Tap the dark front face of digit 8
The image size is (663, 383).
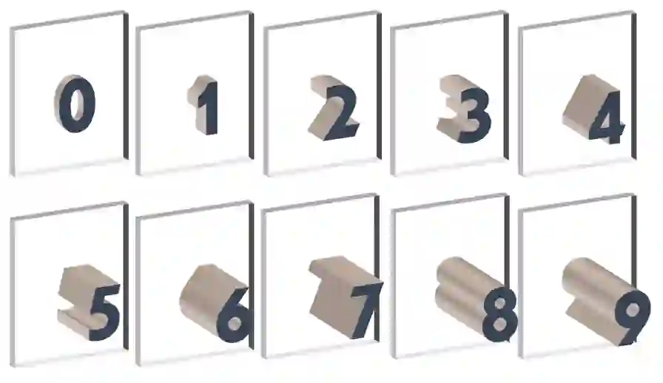point(499,315)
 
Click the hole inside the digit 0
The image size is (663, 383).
point(76,104)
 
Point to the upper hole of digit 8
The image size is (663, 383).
point(499,304)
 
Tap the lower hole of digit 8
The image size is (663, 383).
point(499,326)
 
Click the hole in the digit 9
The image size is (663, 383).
point(633,311)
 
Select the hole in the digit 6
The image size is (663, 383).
point(235,323)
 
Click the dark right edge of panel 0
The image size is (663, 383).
point(126,84)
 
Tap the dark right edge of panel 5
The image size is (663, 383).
point(126,275)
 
